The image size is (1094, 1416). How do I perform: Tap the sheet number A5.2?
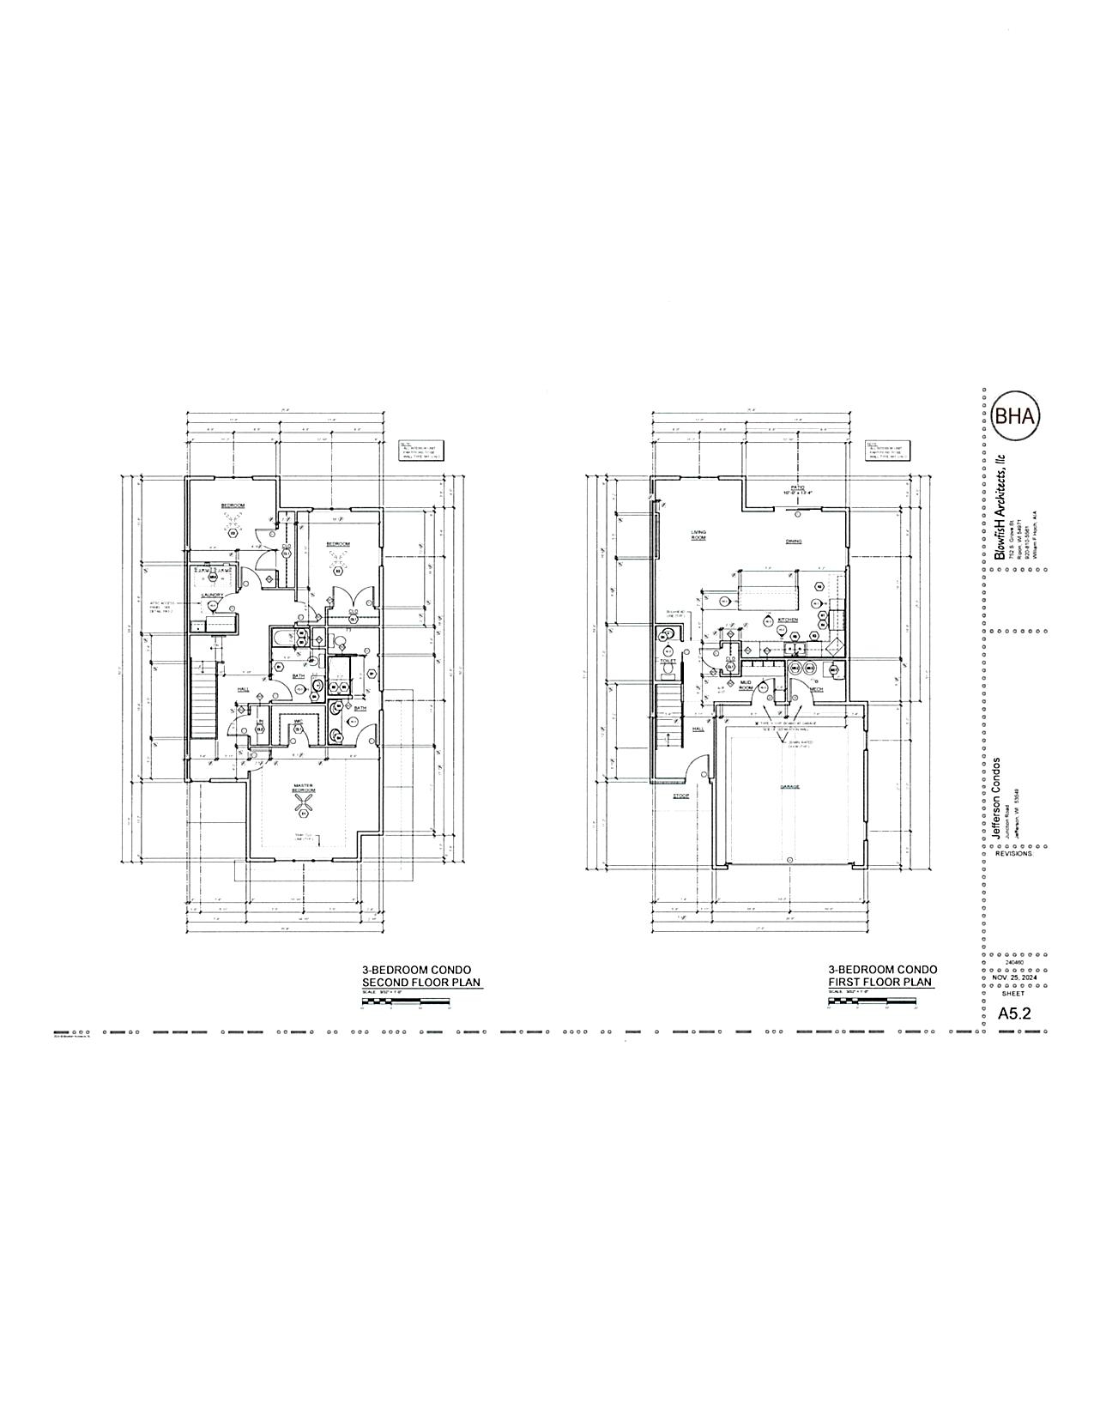(x=1013, y=1013)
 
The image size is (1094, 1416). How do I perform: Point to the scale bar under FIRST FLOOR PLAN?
(x=872, y=1001)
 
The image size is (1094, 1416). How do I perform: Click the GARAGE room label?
(x=789, y=785)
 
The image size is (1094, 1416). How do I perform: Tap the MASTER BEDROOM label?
(x=303, y=787)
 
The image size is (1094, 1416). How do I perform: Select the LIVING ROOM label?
(x=698, y=536)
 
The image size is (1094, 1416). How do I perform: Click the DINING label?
(x=794, y=542)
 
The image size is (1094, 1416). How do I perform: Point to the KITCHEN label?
(x=788, y=619)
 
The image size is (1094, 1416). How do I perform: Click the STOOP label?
(x=681, y=796)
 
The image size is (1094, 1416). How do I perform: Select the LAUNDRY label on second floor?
(x=213, y=595)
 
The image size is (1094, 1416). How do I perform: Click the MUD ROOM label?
(x=746, y=685)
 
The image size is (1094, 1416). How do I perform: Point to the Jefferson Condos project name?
(x=996, y=798)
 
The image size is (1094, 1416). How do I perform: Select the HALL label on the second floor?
(x=244, y=688)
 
